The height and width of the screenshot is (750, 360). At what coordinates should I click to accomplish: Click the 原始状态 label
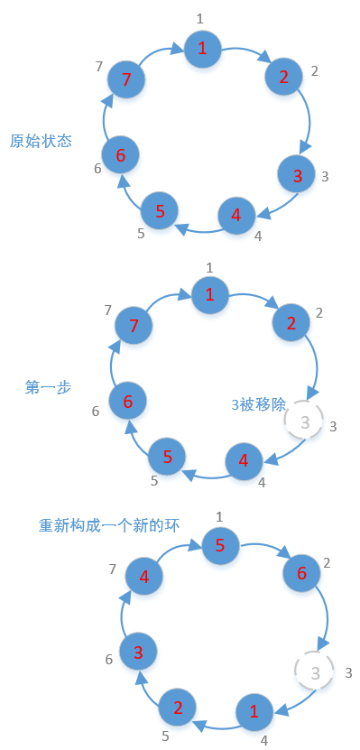click(x=41, y=142)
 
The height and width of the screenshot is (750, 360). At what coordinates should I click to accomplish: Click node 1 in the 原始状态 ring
click(x=202, y=48)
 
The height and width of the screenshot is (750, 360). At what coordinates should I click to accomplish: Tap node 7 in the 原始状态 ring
click(x=126, y=79)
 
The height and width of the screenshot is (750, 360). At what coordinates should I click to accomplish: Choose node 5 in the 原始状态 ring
click(x=160, y=211)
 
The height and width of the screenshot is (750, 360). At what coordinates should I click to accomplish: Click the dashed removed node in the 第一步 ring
click(x=304, y=421)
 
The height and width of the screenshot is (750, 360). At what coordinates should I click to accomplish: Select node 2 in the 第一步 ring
click(x=291, y=322)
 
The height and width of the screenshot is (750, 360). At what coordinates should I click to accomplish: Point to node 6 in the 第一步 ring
click(x=128, y=400)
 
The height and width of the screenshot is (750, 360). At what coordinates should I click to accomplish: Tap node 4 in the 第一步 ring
click(x=243, y=460)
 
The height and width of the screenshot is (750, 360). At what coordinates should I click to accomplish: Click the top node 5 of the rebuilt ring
click(x=220, y=545)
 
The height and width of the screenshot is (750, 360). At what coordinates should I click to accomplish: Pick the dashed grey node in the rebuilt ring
click(x=315, y=671)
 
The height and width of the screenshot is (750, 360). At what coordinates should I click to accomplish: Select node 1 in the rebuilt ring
click(x=254, y=711)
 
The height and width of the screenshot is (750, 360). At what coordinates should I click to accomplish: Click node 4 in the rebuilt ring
click(x=144, y=576)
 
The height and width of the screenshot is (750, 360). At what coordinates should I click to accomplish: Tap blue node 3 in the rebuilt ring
click(x=138, y=651)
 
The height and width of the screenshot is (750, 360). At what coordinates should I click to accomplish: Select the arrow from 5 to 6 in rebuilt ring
click(x=264, y=551)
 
